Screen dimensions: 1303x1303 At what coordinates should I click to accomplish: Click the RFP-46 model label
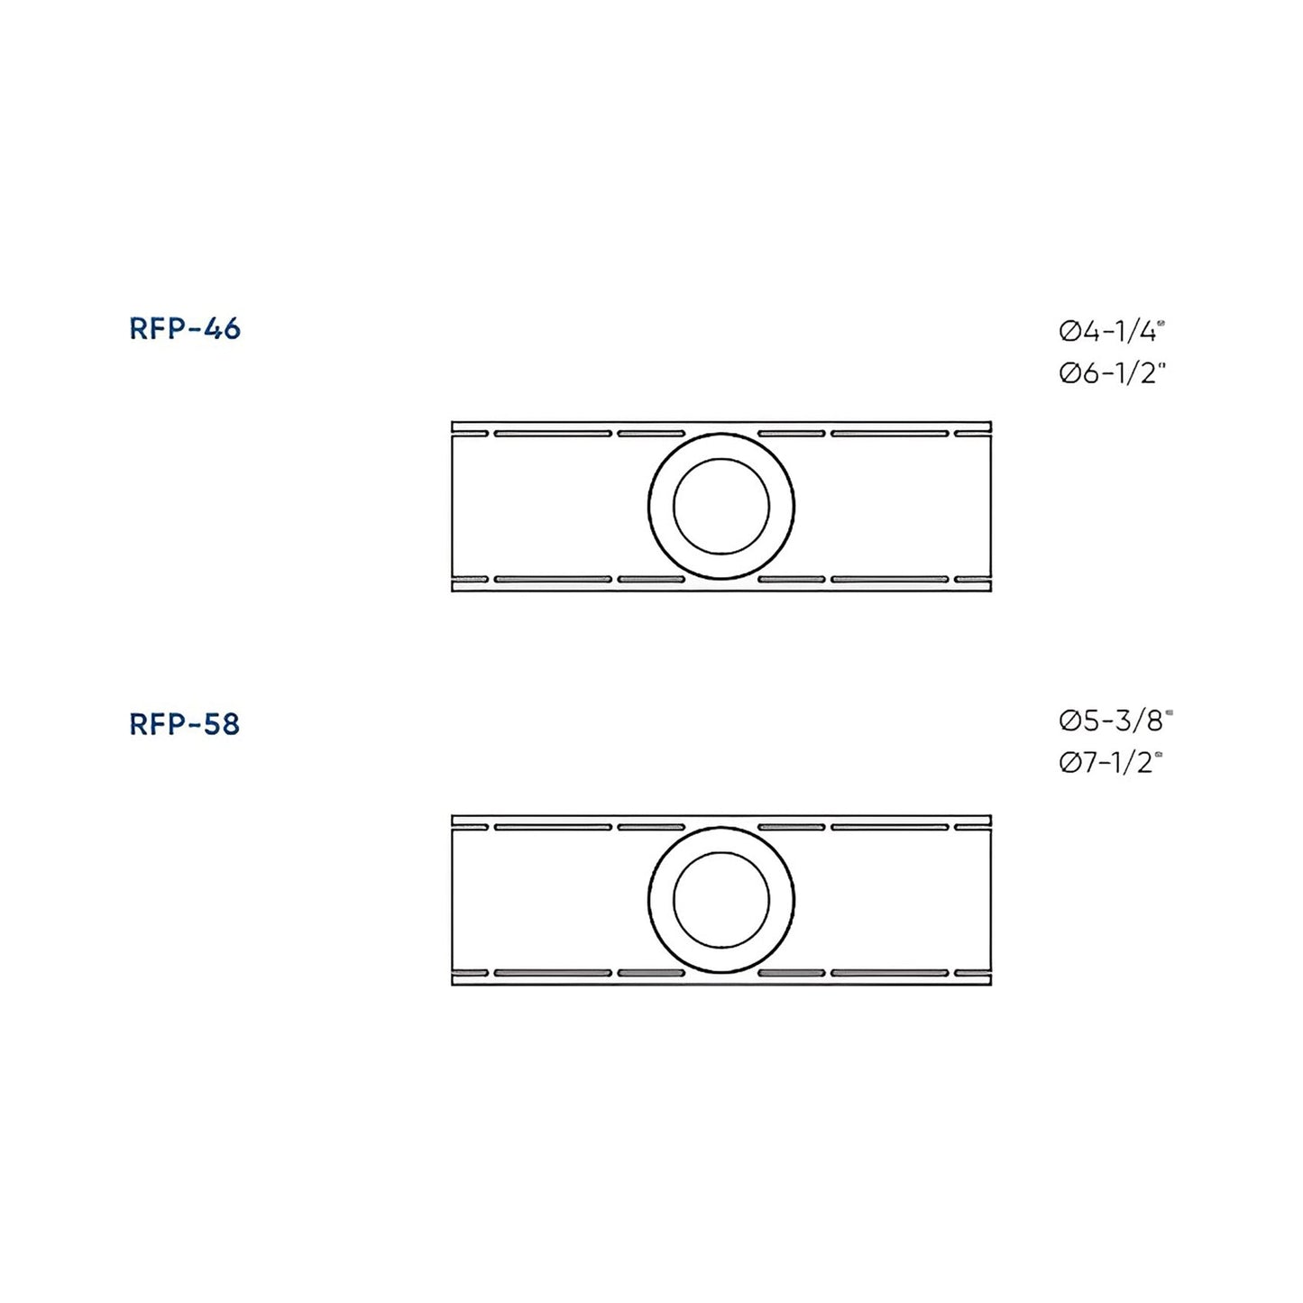tap(185, 329)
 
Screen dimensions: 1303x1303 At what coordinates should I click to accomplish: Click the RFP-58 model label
tap(185, 724)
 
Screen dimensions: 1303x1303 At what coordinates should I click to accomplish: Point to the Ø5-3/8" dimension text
tap(1115, 720)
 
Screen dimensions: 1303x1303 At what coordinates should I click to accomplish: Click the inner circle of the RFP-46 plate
tap(721, 506)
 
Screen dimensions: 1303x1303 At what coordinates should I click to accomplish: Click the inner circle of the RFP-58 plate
tap(721, 900)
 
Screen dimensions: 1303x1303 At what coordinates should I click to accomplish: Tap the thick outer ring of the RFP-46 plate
tap(661, 506)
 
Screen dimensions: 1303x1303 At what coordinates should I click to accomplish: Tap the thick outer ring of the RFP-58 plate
tap(661, 900)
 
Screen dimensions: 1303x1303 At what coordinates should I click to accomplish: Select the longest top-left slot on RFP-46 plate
tap(553, 434)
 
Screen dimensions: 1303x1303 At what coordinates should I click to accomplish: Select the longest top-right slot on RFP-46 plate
tap(889, 434)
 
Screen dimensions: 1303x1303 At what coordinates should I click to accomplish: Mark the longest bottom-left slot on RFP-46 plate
tap(553, 579)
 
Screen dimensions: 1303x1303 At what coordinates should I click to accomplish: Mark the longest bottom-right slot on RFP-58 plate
tap(889, 974)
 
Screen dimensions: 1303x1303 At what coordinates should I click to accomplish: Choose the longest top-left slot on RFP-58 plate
tap(553, 827)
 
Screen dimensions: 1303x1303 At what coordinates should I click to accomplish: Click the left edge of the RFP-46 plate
tap(452, 506)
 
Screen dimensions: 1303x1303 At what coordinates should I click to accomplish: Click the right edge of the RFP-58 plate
tap(991, 900)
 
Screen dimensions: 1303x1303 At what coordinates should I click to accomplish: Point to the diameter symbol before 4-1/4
tap(1069, 333)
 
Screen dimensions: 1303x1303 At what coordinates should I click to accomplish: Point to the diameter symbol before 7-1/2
tap(1069, 764)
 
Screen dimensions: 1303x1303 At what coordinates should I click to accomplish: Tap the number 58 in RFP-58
tap(222, 724)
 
